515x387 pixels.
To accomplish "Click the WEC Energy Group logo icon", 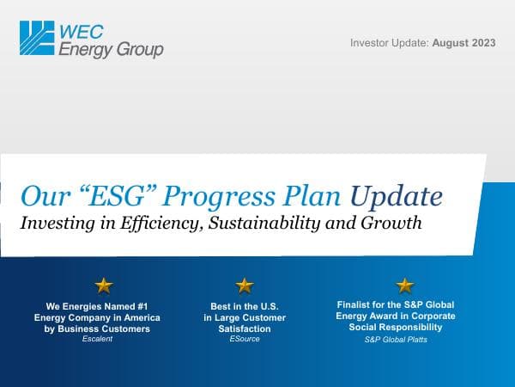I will pyautogui.click(x=37, y=39).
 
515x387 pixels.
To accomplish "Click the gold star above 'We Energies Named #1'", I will pyautogui.click(x=103, y=285).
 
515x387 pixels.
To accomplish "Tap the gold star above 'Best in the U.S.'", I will pyautogui.click(x=245, y=285).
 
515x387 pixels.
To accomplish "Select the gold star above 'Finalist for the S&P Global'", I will pyautogui.click(x=404, y=285).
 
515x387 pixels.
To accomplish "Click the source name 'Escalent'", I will pyautogui.click(x=97, y=339).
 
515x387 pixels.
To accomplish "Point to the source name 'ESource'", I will pyautogui.click(x=244, y=339).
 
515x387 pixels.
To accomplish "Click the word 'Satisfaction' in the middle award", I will pyautogui.click(x=244, y=328).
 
